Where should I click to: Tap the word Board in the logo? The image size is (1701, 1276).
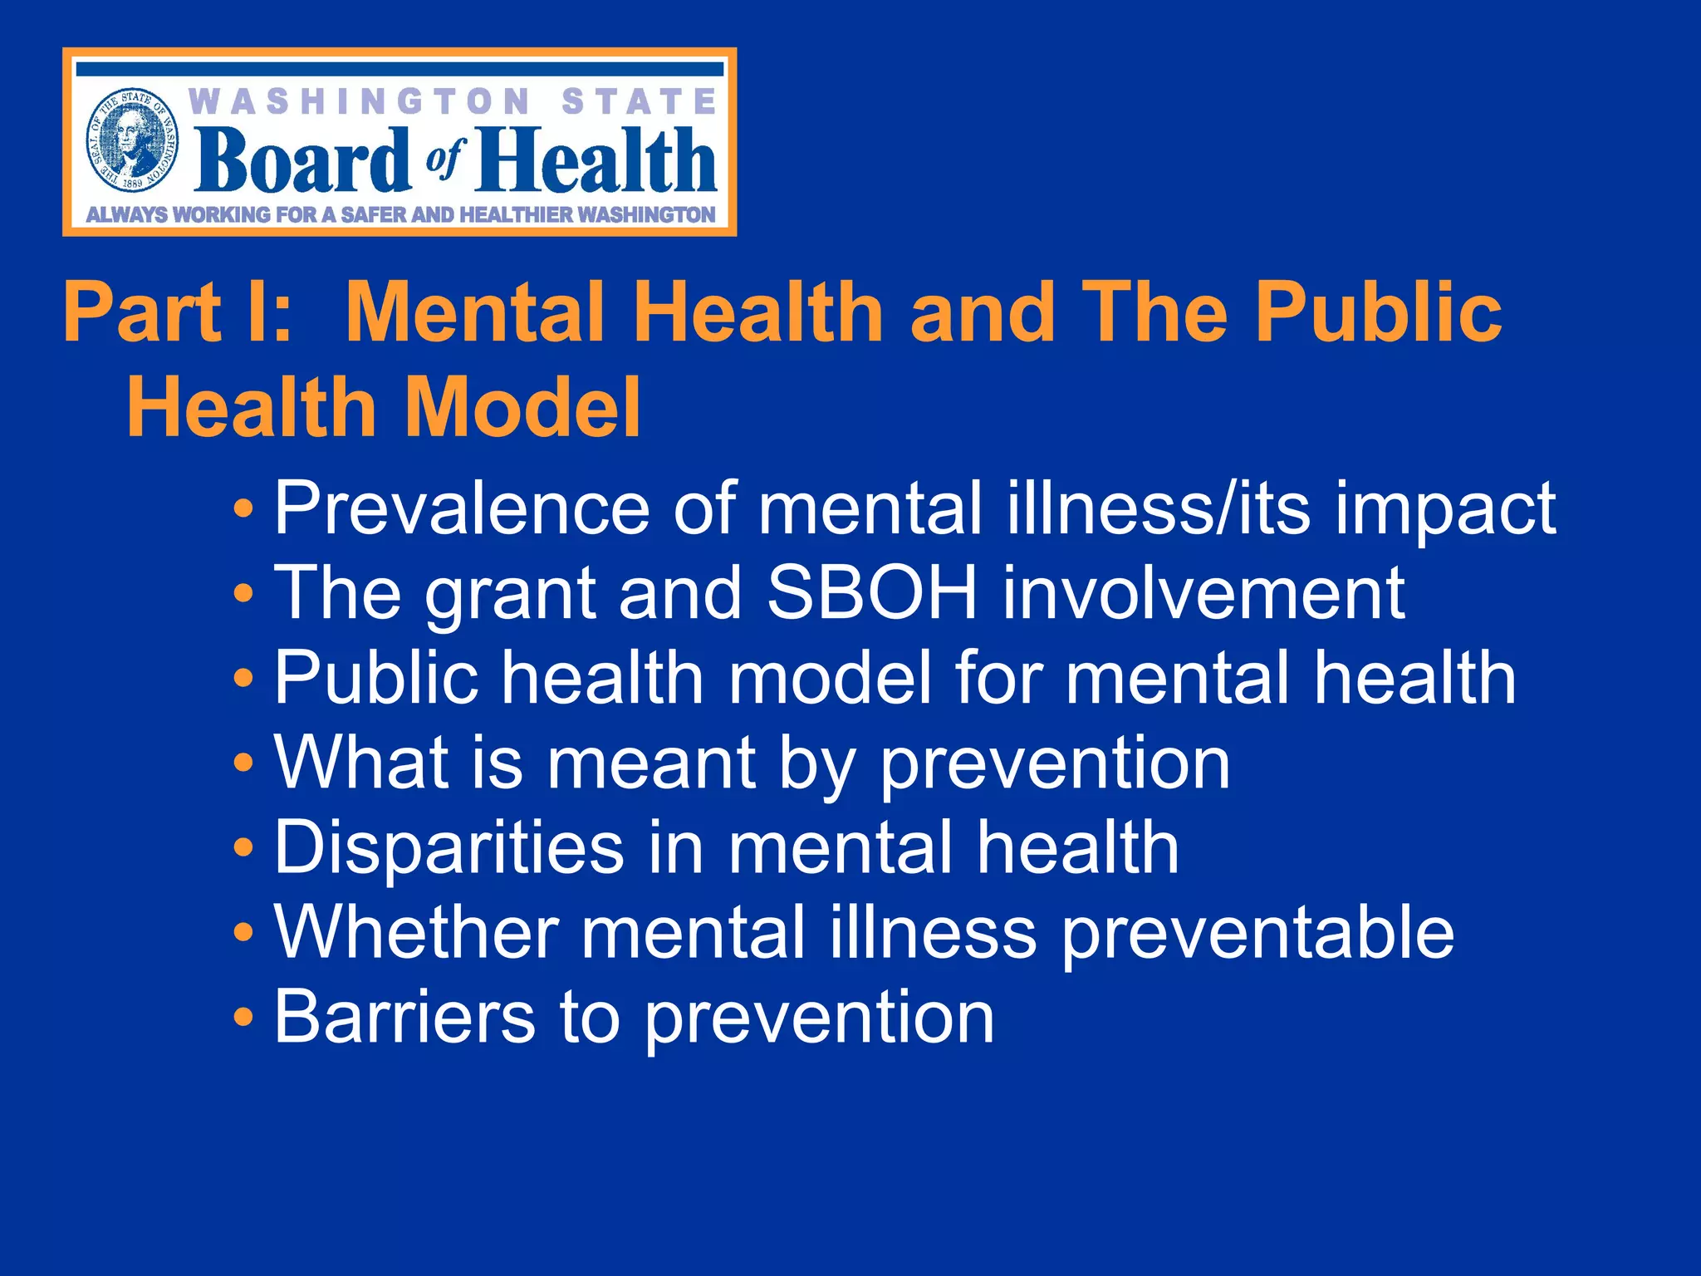pos(302,159)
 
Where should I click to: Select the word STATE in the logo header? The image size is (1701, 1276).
pos(639,102)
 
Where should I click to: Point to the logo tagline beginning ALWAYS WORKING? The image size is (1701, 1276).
pos(400,214)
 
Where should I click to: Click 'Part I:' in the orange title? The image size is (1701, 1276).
pos(178,312)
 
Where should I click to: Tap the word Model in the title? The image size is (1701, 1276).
pos(523,407)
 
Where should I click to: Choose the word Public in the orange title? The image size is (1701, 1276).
pos(1378,312)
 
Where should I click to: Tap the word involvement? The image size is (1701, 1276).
pos(1203,592)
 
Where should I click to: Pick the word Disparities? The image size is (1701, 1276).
pos(449,847)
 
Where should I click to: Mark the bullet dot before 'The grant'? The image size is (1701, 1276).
pos(243,593)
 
